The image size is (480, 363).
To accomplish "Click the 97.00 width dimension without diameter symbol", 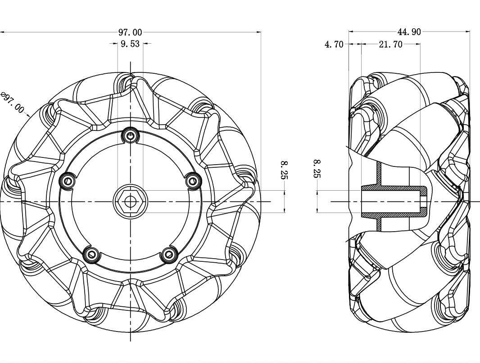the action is [x=130, y=32].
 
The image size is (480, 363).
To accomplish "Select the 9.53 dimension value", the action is [x=130, y=44].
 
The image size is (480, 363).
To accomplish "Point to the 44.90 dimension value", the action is [x=409, y=32].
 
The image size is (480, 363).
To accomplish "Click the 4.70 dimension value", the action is [x=334, y=45].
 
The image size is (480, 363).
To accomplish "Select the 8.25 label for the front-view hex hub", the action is [x=284, y=170].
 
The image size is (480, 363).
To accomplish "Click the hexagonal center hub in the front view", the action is [x=130, y=201].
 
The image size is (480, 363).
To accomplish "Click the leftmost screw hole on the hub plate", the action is [x=68, y=181].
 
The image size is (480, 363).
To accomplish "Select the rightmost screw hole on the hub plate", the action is [x=193, y=181].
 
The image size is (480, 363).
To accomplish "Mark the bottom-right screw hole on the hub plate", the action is [x=169, y=255].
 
